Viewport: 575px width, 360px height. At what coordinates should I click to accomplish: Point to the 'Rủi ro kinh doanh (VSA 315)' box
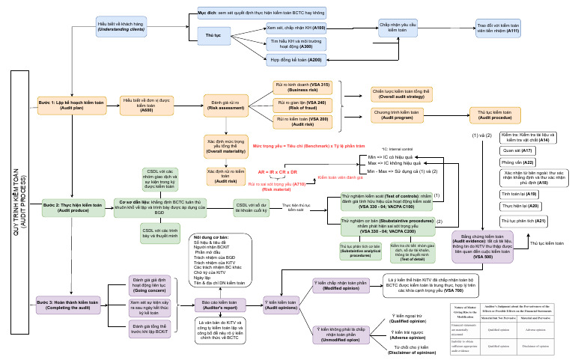tap(302, 87)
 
